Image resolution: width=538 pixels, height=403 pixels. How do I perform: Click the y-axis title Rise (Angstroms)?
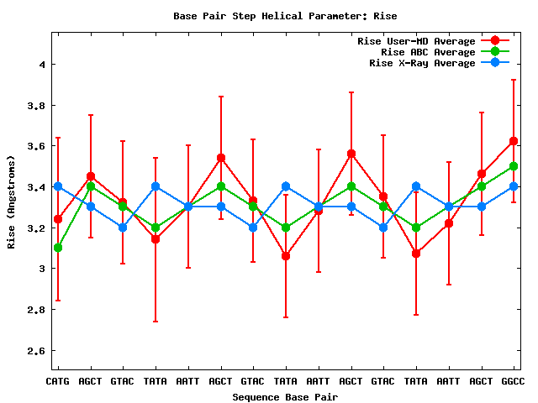click(12, 201)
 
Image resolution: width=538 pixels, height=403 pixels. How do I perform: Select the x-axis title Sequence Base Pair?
click(285, 396)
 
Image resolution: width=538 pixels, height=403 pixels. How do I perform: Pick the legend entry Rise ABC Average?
click(428, 52)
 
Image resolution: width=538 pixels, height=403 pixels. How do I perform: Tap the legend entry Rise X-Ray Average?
click(422, 63)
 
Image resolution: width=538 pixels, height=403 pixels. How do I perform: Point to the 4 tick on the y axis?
click(40, 65)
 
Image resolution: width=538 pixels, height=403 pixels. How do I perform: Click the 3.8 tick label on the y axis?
click(34, 106)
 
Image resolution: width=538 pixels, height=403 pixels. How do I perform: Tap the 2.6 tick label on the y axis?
click(34, 350)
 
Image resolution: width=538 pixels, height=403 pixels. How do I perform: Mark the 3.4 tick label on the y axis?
click(34, 187)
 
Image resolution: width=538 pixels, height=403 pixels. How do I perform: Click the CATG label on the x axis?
click(57, 381)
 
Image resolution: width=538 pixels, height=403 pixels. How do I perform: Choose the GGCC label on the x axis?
click(514, 381)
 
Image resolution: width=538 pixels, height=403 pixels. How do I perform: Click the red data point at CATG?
click(57, 219)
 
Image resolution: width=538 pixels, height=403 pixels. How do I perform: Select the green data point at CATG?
click(57, 248)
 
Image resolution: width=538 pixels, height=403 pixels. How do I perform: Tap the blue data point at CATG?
click(57, 186)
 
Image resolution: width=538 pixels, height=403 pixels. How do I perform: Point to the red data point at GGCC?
click(514, 141)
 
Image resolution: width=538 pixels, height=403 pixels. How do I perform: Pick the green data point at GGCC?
click(514, 166)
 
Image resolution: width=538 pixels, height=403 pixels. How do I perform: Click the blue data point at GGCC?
click(514, 186)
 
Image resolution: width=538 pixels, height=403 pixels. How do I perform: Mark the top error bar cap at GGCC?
click(514, 80)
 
